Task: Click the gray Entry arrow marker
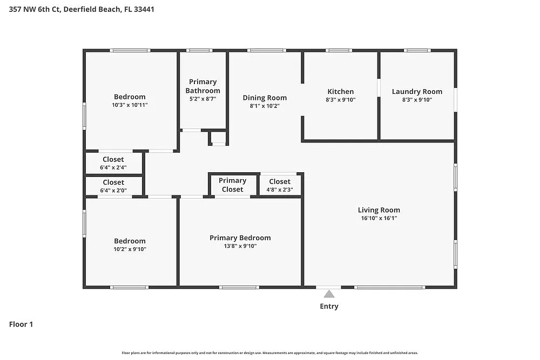(329, 294)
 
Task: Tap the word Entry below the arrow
(329, 307)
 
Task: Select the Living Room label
(379, 210)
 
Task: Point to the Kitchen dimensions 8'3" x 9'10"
(341, 100)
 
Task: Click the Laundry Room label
(417, 92)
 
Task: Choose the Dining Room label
(265, 98)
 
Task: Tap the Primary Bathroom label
(203, 86)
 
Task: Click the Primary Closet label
(232, 185)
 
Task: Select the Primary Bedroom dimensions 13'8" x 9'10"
(240, 246)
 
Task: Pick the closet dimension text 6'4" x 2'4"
(113, 168)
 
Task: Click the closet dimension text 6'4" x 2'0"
(113, 191)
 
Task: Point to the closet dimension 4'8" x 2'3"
(280, 189)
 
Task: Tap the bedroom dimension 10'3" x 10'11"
(130, 105)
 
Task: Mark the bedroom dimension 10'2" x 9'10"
(130, 249)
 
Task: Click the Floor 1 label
(21, 324)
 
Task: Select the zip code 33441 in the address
(144, 9)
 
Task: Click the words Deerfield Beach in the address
(92, 9)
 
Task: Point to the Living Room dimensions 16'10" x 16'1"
(379, 218)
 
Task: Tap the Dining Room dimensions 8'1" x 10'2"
(265, 106)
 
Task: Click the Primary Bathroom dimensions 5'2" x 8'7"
(203, 99)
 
